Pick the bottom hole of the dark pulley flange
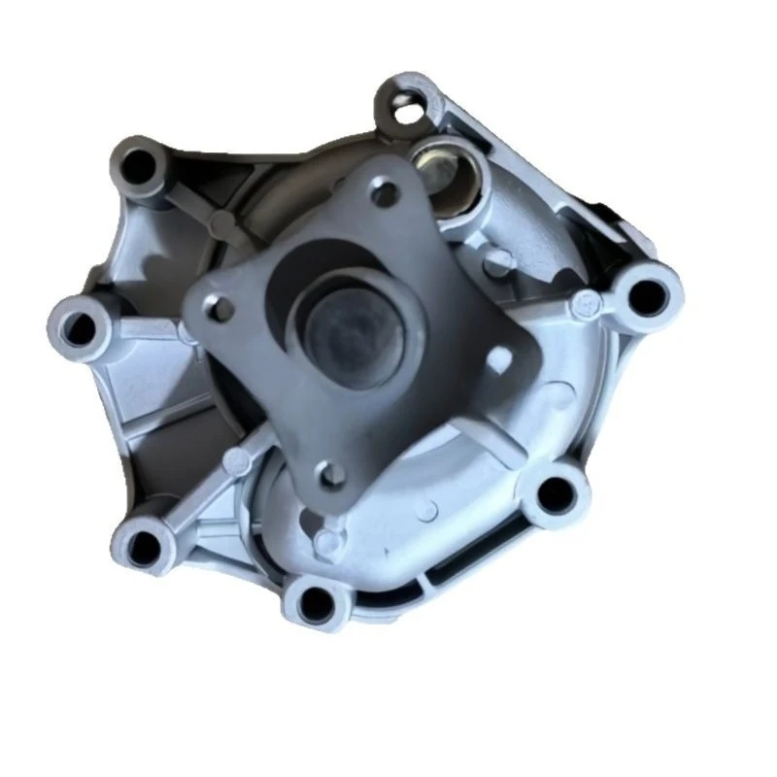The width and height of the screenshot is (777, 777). point(331,475)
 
